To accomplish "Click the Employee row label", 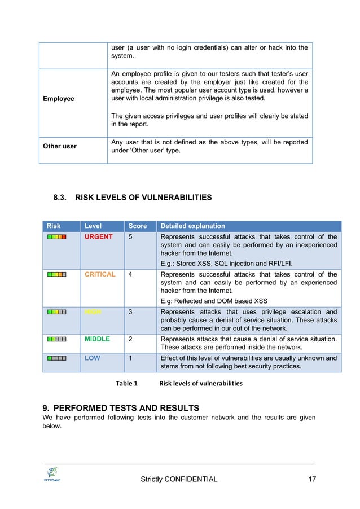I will (59, 99).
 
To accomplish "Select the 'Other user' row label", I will (60, 146).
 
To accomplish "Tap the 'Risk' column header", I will (53, 226).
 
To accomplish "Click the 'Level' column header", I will (93, 226).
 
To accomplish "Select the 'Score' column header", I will (138, 226).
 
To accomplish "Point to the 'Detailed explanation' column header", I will (192, 226).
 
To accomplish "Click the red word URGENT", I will (98, 236).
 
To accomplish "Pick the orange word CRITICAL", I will (100, 274).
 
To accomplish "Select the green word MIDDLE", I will (97, 339).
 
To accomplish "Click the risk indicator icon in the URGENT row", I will (57, 237).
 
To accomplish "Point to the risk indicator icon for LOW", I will (57, 358).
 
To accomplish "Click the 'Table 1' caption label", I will (126, 383).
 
